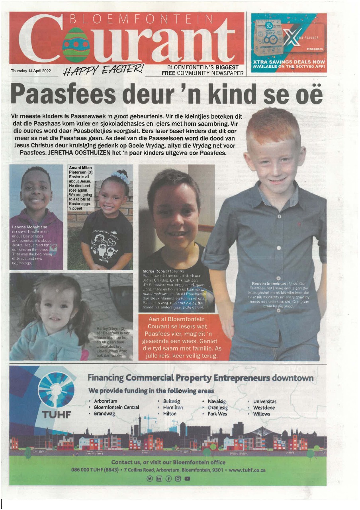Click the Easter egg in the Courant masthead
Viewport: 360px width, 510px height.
pos(76,45)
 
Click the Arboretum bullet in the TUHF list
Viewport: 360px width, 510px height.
pos(106,402)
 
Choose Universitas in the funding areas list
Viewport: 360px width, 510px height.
pos(264,402)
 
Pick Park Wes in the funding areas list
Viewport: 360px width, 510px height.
pos(217,414)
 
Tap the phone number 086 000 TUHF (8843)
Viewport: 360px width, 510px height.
pos(95,470)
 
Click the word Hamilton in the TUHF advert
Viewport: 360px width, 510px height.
pos(173,408)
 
